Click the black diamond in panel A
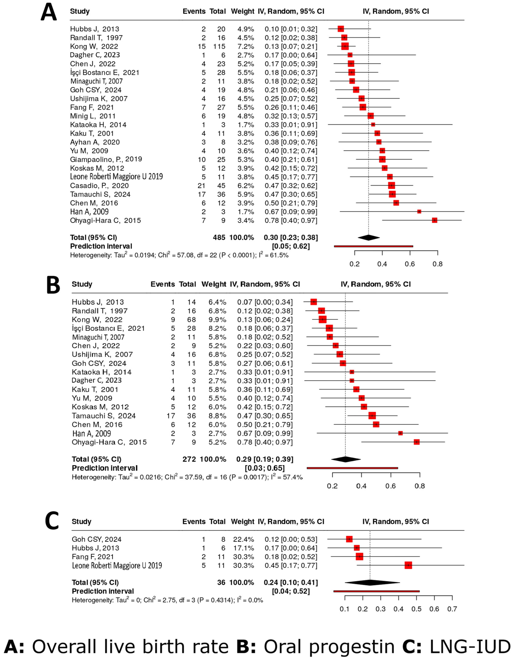pyautogui.click(x=369, y=238)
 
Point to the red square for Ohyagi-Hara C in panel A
pyautogui.click(x=434, y=220)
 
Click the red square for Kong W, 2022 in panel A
pyautogui.click(x=345, y=46)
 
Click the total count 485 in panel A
pyautogui.click(x=219, y=238)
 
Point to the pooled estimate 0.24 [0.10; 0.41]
pyautogui.click(x=291, y=582)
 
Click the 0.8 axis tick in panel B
pyautogui.click(x=420, y=486)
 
